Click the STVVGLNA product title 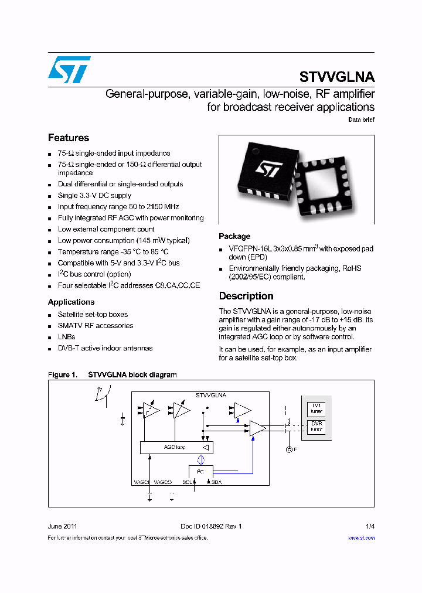coord(336,77)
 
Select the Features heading coord(68,138)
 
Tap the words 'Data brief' coord(361,120)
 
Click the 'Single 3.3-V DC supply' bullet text coord(94,196)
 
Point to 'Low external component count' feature coord(106,229)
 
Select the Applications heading coord(71,302)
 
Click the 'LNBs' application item coord(67,337)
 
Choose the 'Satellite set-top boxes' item coord(93,315)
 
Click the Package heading coord(234,236)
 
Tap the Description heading coord(246,296)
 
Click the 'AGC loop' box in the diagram coord(176,447)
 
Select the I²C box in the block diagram coord(200,471)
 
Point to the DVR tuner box coord(316,426)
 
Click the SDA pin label coord(216,482)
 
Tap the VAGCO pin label coord(162,482)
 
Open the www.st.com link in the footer coord(361,537)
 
